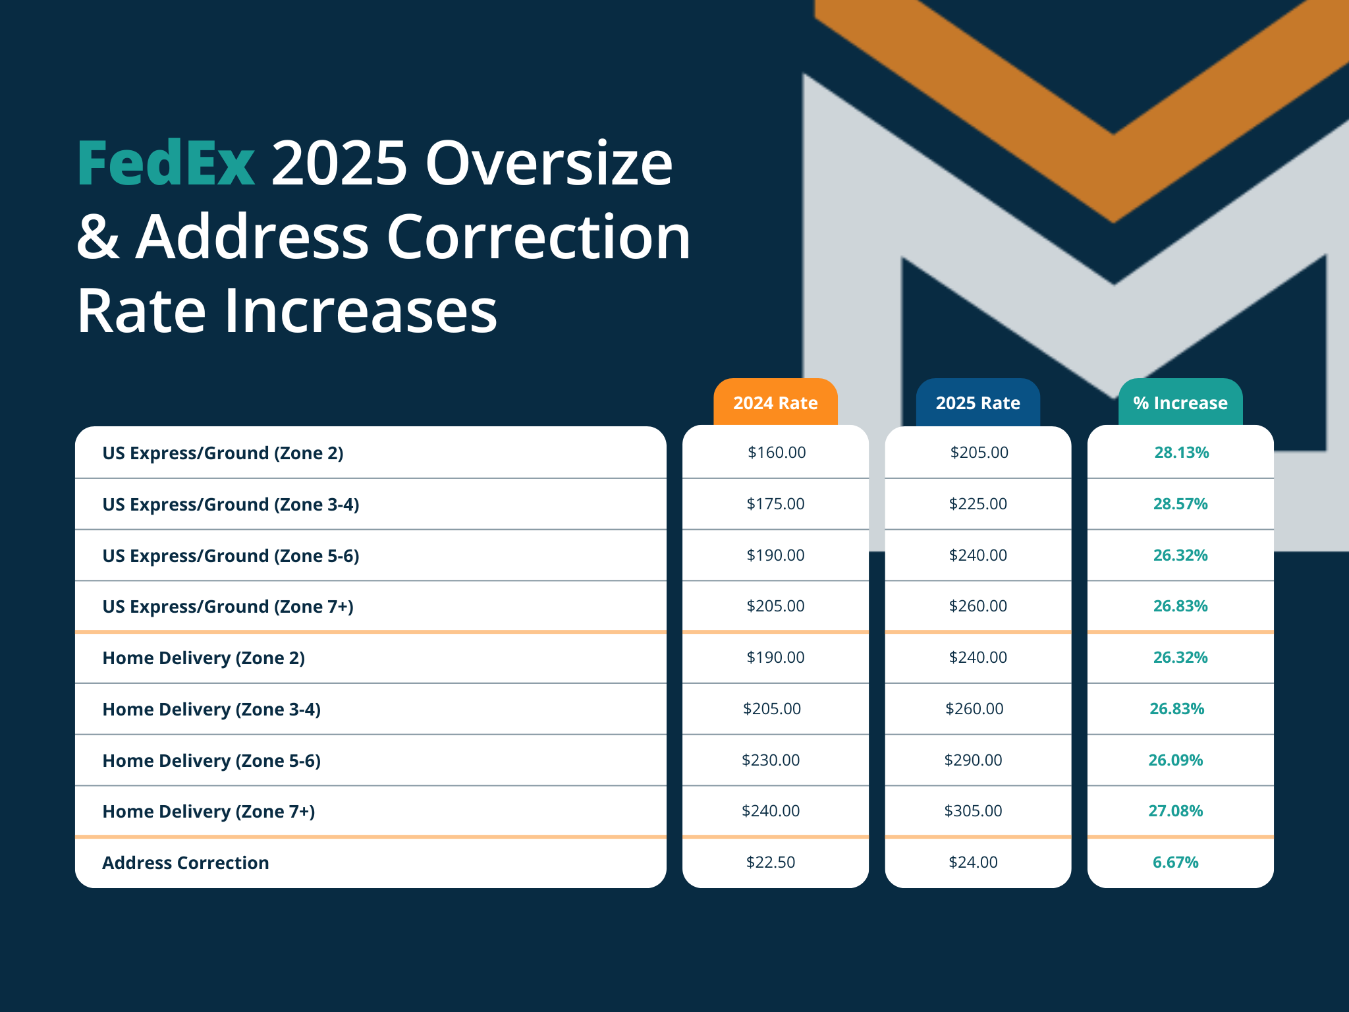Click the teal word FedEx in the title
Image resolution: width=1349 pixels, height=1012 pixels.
[166, 163]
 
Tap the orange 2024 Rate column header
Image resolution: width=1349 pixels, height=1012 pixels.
[775, 403]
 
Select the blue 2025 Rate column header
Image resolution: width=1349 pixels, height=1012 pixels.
[977, 403]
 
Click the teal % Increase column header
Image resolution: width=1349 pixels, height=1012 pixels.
[1180, 403]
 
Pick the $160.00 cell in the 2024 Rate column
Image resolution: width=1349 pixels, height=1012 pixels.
[777, 453]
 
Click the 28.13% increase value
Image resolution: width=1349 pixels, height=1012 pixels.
[1181, 453]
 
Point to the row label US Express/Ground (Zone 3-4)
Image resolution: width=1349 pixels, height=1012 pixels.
[231, 505]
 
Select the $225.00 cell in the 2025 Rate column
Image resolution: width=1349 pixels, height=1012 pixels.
[977, 504]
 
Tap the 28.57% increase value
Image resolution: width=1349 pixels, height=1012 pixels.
[1180, 504]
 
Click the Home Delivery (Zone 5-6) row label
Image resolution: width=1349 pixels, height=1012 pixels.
[211, 761]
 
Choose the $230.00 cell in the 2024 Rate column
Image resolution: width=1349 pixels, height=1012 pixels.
[771, 760]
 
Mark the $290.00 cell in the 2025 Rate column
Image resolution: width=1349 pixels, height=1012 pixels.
[973, 760]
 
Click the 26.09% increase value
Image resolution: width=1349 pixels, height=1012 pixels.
[1175, 760]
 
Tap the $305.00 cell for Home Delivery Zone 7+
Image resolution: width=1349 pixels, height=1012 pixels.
[973, 811]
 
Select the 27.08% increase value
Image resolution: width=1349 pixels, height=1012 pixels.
[1175, 811]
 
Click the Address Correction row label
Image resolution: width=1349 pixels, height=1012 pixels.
[185, 863]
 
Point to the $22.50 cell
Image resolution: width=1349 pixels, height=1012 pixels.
[771, 862]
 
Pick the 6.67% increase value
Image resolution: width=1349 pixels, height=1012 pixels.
[1175, 862]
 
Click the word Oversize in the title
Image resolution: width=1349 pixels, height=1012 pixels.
[549, 163]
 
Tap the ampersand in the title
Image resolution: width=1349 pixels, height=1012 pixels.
[98, 237]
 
